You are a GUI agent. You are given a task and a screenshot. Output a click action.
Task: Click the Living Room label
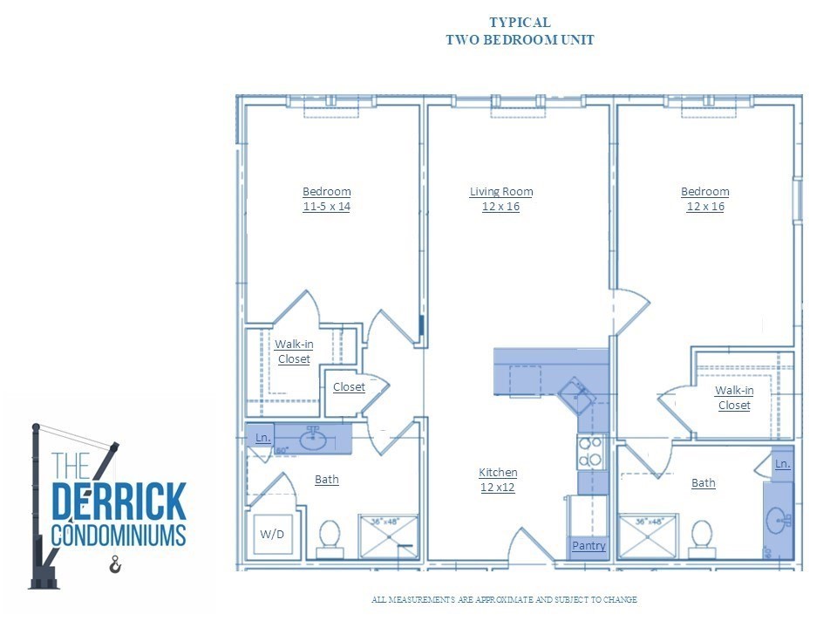click(x=501, y=192)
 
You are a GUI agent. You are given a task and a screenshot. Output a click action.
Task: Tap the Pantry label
click(x=589, y=546)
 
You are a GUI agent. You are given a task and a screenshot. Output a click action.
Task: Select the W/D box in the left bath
click(x=272, y=534)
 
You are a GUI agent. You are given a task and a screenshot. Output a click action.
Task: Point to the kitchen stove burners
click(x=590, y=451)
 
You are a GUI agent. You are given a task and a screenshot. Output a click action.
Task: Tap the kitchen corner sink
click(x=575, y=394)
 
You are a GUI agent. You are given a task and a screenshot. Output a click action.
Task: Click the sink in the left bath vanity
click(x=314, y=438)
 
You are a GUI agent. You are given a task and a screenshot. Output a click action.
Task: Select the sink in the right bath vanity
click(x=778, y=522)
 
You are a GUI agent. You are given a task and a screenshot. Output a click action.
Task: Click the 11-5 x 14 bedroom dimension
click(x=326, y=207)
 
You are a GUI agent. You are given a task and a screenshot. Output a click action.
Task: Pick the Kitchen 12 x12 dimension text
click(x=498, y=488)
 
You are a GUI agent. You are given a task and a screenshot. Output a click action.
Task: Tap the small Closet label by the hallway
click(x=349, y=387)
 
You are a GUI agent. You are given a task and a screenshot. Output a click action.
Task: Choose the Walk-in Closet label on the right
click(x=734, y=398)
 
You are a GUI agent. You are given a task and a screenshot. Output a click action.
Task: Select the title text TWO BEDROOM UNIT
click(x=520, y=40)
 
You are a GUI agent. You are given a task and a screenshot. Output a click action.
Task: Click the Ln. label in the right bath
click(x=782, y=464)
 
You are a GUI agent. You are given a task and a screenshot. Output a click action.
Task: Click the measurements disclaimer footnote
click(x=504, y=600)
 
